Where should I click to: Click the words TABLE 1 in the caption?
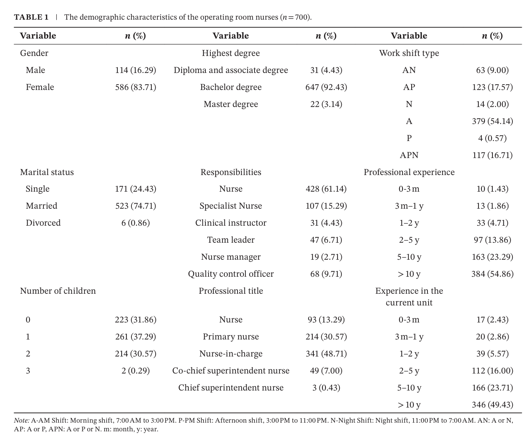(31, 17)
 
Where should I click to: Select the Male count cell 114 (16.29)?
(136, 70)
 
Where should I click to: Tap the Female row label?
(40, 87)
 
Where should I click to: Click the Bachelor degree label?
(231, 87)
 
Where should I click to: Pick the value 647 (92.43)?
(326, 87)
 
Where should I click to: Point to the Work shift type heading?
(409, 53)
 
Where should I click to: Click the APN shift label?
(409, 155)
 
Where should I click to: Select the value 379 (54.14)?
(492, 121)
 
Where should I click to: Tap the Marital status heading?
(47, 172)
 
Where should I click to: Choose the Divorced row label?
(43, 223)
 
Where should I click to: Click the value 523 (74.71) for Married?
(136, 206)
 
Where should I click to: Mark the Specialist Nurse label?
(231, 206)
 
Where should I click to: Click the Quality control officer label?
(231, 274)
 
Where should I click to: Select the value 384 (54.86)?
(492, 274)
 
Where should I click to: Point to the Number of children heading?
(58, 291)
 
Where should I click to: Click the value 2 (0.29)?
(136, 370)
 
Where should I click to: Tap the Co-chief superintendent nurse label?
(231, 370)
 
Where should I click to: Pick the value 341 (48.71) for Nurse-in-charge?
(326, 354)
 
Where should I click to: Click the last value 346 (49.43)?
(492, 404)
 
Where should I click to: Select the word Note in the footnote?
(22, 420)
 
